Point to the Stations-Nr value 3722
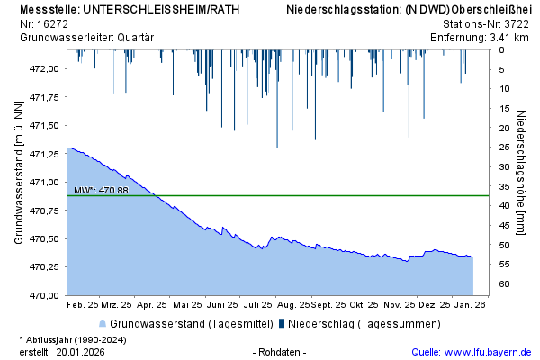tap(516, 24)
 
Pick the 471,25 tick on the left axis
tap(45, 154)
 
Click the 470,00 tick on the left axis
tap(45, 295)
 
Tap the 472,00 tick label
tap(45, 68)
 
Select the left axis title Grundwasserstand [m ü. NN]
tap(18, 172)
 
